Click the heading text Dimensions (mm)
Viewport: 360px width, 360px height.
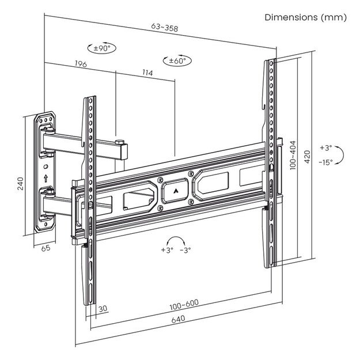tap(305, 17)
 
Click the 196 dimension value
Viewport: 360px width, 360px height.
tap(80, 64)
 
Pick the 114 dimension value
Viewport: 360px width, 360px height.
tap(146, 73)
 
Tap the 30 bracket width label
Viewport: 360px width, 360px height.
tap(102, 309)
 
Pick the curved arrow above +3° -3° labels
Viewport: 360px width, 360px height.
tap(176, 241)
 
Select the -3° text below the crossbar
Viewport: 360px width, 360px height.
tap(185, 251)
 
